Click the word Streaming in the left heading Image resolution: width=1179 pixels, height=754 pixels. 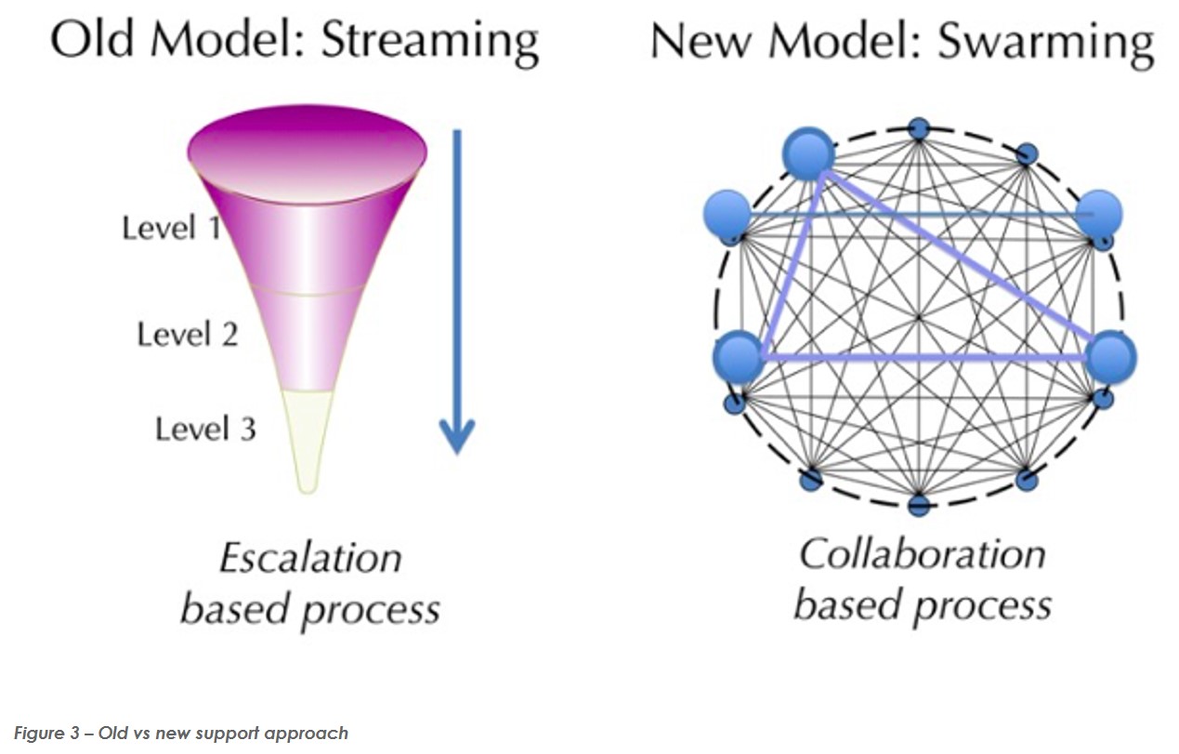[x=430, y=44]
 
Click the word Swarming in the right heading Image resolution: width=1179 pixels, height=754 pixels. [x=1046, y=44]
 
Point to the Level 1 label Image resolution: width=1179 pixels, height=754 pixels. [x=172, y=228]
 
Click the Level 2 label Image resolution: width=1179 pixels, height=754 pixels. [x=188, y=334]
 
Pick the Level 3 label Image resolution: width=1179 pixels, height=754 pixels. [x=206, y=429]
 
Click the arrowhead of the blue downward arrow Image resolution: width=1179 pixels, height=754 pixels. [x=457, y=436]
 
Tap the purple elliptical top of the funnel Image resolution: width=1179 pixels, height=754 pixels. [x=308, y=153]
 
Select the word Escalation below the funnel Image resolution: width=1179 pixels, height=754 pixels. [x=310, y=558]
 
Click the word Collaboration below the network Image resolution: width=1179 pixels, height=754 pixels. [x=923, y=554]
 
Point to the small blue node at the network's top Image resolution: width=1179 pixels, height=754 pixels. [x=919, y=128]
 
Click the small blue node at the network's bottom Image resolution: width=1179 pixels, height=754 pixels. [x=919, y=506]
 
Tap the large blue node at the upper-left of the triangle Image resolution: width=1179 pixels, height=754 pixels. [x=808, y=153]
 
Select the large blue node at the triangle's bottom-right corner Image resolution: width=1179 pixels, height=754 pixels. [x=1111, y=358]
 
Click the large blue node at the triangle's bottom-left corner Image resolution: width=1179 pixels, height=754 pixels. [x=739, y=356]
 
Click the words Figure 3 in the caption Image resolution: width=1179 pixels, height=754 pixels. [x=46, y=733]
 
